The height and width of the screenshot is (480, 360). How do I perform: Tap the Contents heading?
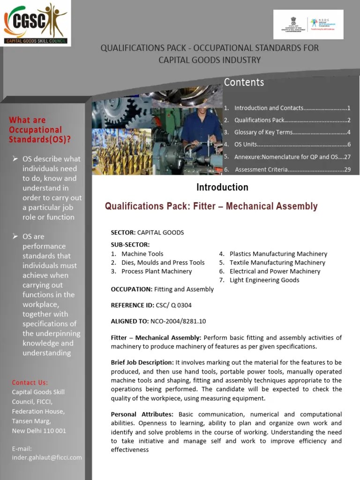coord(244,82)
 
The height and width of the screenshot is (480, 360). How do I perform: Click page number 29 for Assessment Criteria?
coord(347,169)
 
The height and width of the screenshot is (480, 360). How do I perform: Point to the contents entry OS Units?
coord(246,144)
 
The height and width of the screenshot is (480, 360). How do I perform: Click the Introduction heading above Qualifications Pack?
coord(222,187)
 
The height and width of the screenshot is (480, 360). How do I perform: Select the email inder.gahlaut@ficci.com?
coord(47,457)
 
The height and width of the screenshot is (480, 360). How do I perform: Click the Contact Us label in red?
coord(30,382)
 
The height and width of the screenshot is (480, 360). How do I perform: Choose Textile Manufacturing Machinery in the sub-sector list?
coord(277,262)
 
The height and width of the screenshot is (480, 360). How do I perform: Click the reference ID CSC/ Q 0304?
coord(173,305)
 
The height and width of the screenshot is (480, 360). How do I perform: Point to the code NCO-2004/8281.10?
coord(178,321)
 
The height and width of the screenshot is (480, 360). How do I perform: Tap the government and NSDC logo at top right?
coord(308,24)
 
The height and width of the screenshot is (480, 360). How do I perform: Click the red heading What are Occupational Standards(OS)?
coord(40,129)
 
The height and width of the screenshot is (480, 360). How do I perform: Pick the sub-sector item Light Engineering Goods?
coord(264,280)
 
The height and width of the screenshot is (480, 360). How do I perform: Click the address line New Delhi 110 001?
coord(39,430)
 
